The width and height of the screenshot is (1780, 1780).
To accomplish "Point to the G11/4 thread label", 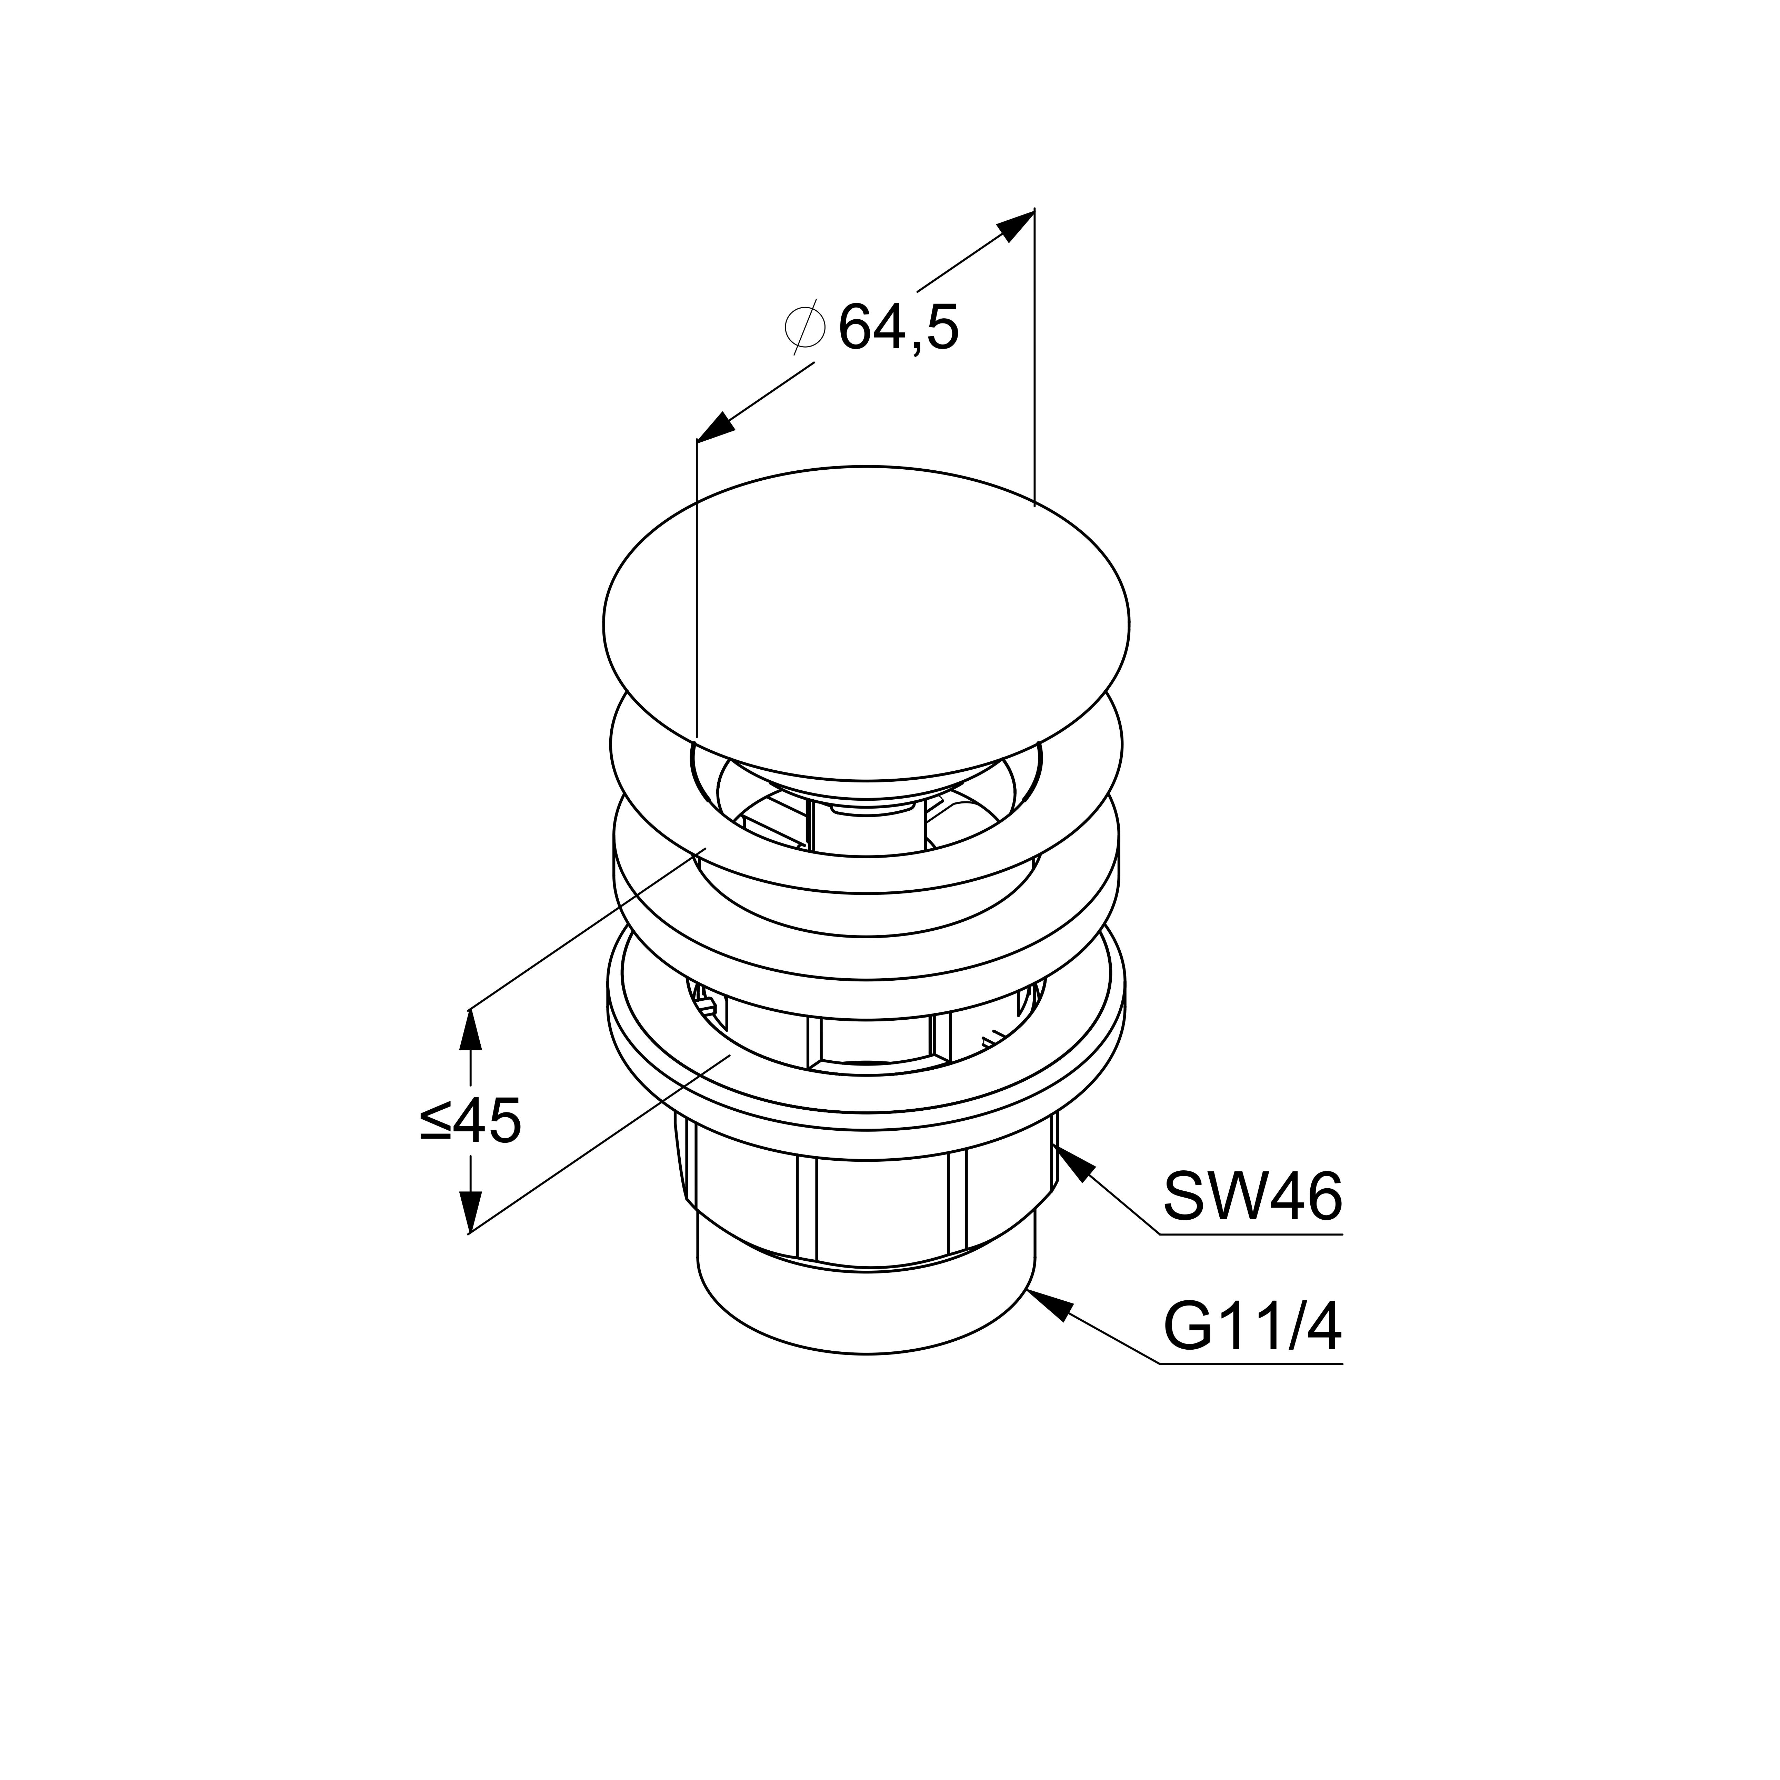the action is coord(1252,1327).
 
